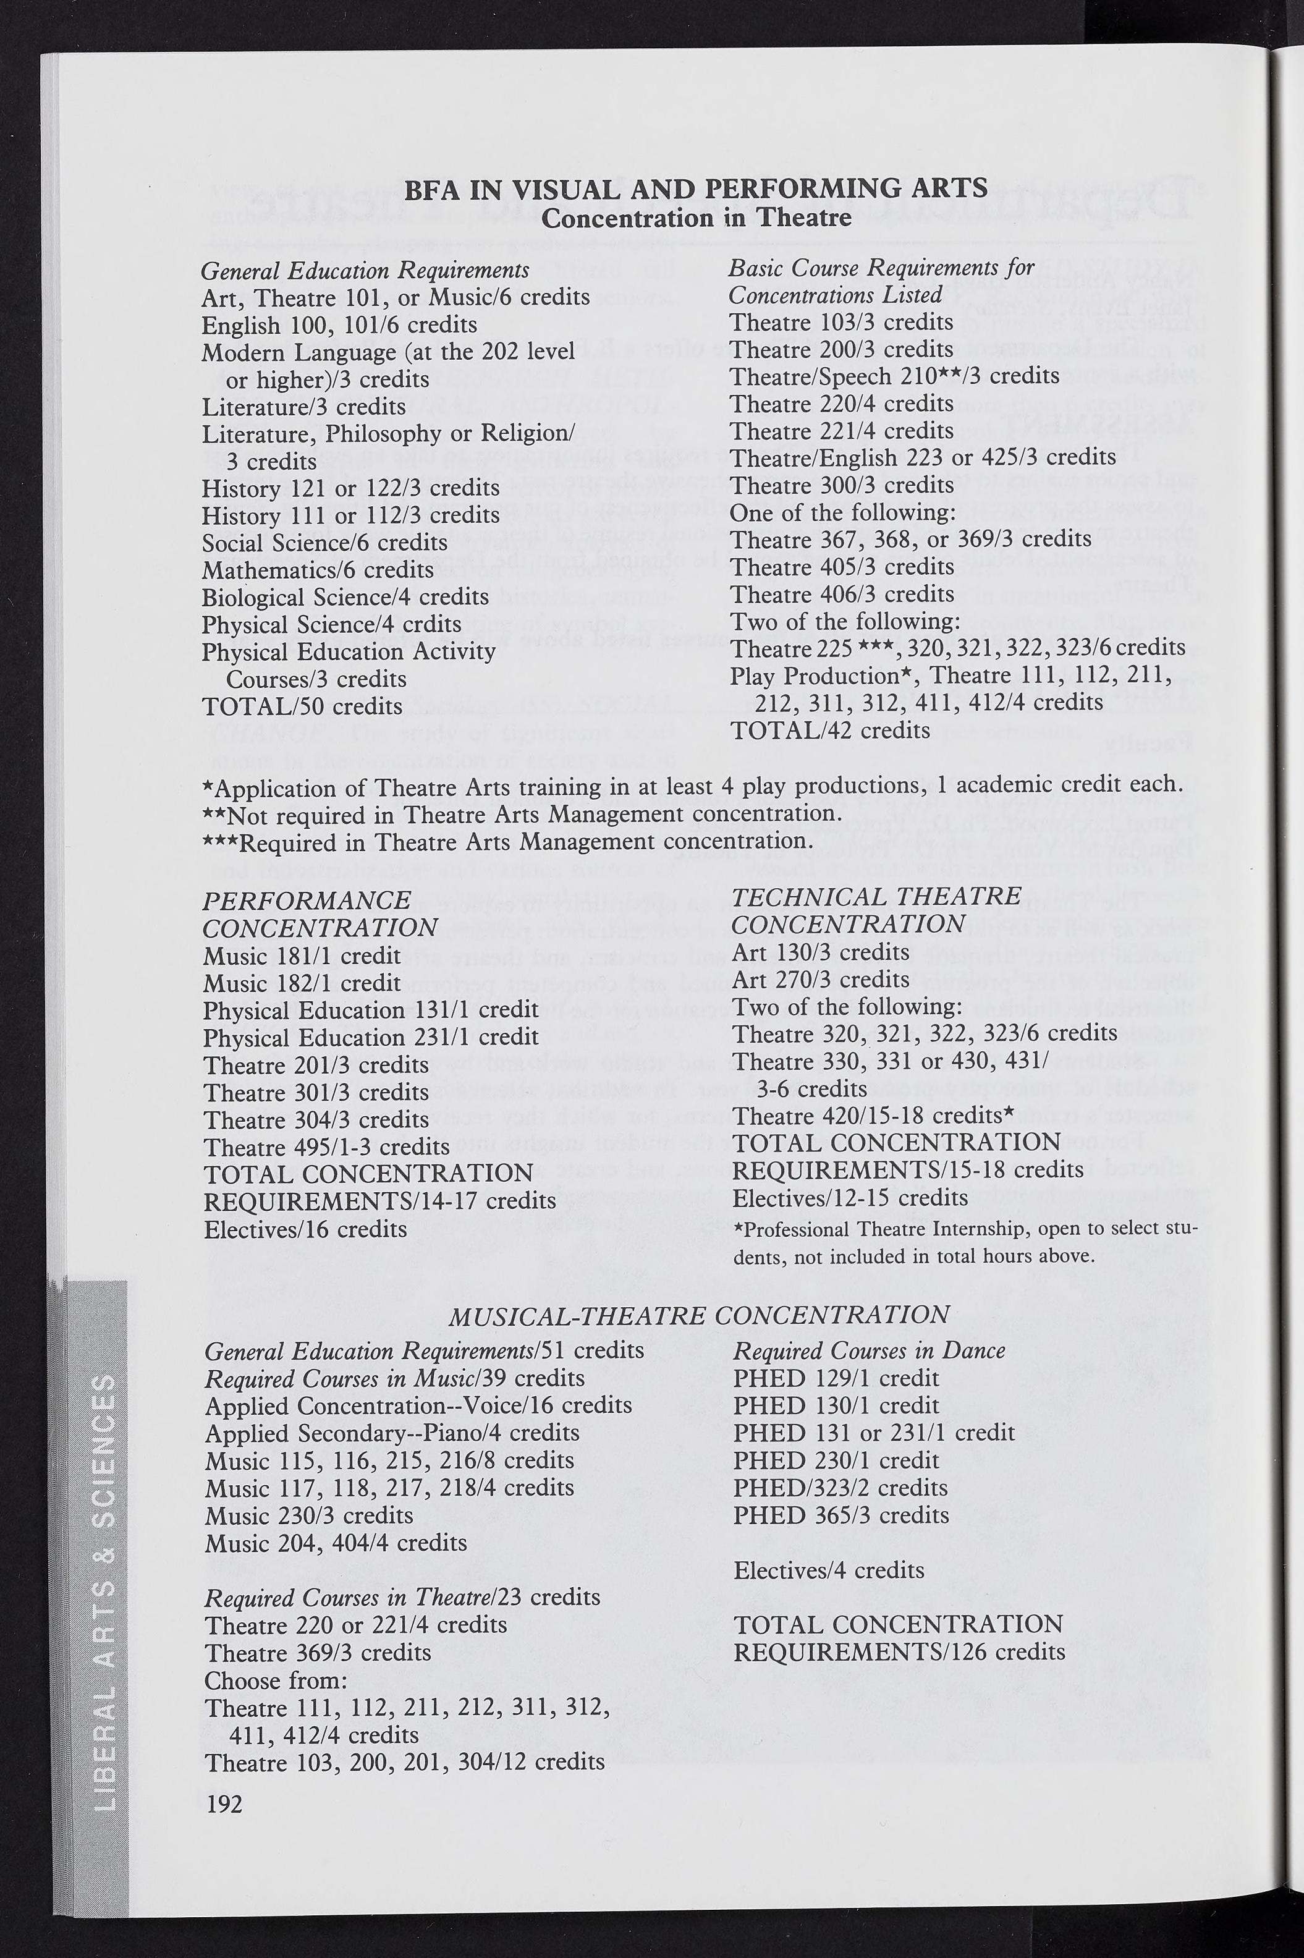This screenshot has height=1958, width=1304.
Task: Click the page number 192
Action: (224, 1804)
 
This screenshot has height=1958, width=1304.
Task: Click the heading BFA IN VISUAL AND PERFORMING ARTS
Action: (696, 189)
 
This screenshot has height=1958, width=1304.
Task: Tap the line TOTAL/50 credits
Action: (302, 706)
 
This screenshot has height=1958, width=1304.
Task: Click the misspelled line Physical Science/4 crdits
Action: (331, 624)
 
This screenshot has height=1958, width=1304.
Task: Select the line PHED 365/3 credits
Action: (840, 1515)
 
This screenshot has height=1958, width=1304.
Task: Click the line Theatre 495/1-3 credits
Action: (326, 1147)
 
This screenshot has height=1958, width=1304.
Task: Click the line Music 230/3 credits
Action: (308, 1515)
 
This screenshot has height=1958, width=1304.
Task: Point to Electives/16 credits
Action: (305, 1229)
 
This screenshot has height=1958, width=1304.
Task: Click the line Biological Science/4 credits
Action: (344, 596)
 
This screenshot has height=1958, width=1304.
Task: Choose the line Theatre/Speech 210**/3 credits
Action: (894, 376)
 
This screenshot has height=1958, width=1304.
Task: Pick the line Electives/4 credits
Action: (828, 1570)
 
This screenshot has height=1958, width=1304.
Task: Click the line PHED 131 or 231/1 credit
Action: (873, 1431)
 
